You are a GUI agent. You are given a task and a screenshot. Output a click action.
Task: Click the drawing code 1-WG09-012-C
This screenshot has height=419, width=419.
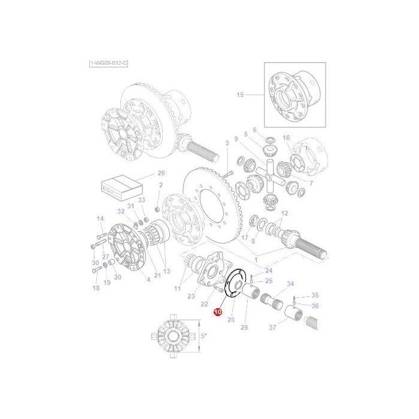click(x=108, y=63)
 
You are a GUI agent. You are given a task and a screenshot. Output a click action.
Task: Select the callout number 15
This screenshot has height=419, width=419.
click(x=240, y=95)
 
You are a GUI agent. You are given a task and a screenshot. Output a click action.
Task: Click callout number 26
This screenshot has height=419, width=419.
click(x=160, y=173)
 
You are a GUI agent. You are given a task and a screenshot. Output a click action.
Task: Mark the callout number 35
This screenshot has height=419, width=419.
click(x=315, y=295)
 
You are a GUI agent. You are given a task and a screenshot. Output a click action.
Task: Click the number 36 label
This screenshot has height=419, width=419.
click(x=315, y=306)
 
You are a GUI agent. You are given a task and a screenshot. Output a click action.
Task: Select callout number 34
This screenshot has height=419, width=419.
click(x=290, y=284)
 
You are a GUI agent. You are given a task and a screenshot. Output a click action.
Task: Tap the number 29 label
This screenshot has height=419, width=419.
click(x=244, y=327)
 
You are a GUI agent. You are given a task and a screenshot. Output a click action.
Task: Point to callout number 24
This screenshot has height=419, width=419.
click(x=268, y=271)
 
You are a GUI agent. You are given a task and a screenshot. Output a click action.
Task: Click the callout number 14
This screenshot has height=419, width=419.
click(x=100, y=218)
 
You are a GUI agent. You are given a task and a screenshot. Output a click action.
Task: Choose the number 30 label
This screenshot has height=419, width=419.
click(x=95, y=263)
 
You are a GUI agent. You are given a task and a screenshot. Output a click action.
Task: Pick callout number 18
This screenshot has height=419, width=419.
click(x=95, y=289)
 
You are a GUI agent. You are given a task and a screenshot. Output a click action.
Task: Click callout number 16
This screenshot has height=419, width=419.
click(x=286, y=138)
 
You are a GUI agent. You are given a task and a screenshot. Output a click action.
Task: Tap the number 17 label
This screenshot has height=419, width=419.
click(x=245, y=237)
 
